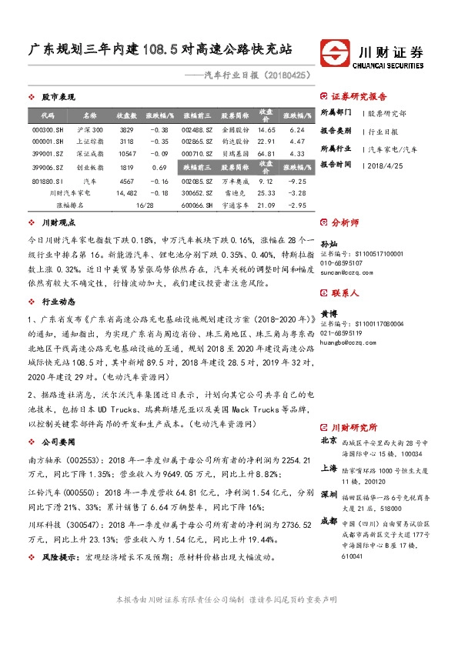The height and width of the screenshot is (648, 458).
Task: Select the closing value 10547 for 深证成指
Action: [x=127, y=154]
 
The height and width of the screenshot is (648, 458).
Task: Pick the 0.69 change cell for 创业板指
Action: [x=160, y=166]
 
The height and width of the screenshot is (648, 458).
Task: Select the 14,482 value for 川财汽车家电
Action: [x=127, y=193]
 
